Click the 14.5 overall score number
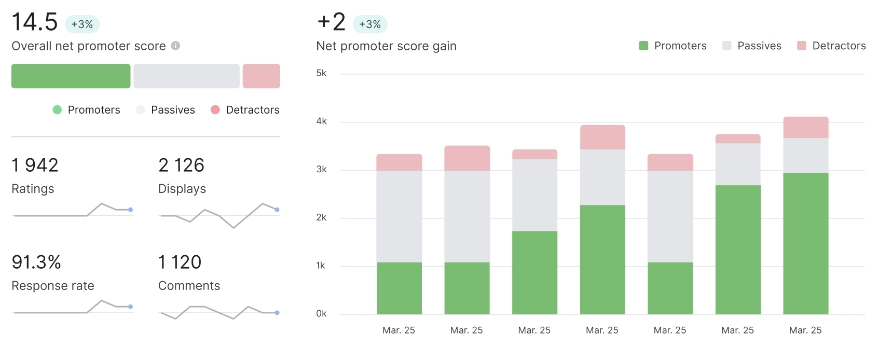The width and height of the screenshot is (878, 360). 34,22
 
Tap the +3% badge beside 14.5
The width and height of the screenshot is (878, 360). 82,24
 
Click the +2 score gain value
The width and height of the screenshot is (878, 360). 331,22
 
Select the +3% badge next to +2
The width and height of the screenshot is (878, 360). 370,24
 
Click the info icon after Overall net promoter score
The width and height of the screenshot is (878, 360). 175,46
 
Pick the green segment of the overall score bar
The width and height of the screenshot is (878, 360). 71,76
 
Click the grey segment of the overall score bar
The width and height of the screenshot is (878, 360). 187,76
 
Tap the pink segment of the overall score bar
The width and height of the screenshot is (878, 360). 262,76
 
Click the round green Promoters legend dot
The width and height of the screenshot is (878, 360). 57,109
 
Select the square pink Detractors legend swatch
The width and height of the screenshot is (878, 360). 802,46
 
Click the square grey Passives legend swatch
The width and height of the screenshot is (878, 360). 726,46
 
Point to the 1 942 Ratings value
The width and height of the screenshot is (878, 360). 35,165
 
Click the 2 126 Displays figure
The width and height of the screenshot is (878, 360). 181,165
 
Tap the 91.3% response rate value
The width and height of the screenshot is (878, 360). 36,262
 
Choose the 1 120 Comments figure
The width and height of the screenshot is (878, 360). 180,262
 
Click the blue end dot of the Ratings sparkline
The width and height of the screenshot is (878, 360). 131,210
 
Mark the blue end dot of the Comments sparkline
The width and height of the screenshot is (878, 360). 277,313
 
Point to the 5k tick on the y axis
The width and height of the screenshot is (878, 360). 321,73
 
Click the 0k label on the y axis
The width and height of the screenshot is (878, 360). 321,313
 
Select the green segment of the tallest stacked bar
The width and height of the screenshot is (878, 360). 806,244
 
